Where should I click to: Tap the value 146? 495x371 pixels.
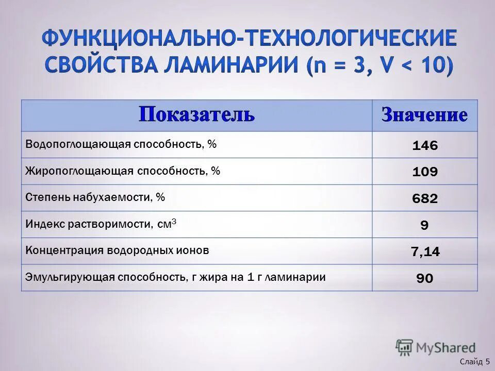tap(425, 146)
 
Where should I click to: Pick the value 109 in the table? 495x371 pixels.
tap(425, 172)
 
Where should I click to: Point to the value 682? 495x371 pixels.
tap(425, 199)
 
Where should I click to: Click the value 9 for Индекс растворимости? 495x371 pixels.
tap(424, 226)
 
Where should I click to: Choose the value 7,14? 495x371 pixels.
tap(425, 252)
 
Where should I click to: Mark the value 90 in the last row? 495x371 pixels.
tap(424, 279)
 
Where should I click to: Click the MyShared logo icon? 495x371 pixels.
tap(404, 347)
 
